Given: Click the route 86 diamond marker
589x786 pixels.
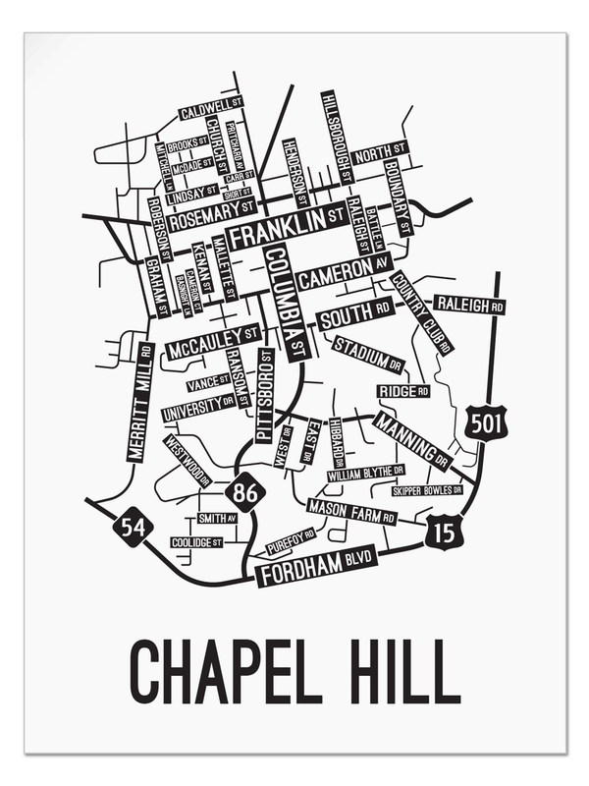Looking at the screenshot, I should pyautogui.click(x=244, y=491).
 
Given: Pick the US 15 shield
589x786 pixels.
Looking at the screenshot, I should pyautogui.click(x=440, y=533).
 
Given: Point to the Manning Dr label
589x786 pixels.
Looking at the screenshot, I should pyautogui.click(x=412, y=439).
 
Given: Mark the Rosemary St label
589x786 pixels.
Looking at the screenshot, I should pyautogui.click(x=212, y=216).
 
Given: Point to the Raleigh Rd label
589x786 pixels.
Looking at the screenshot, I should pyautogui.click(x=469, y=306).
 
